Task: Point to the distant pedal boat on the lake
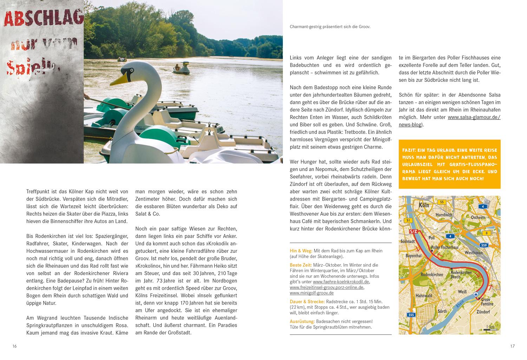[181, 68]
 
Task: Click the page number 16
[14, 346]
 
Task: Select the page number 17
[512, 346]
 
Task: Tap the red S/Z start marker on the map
[413, 232]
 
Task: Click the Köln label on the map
[424, 205]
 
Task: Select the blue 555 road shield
[411, 315]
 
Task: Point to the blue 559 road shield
[484, 245]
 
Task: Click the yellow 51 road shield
[408, 220]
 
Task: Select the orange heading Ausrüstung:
[302, 321]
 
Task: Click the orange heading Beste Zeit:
[301, 265]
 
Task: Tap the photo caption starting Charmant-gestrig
[330, 26]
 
